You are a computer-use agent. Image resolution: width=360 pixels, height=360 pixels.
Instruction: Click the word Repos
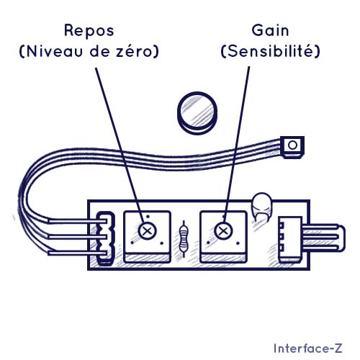[x=89, y=31]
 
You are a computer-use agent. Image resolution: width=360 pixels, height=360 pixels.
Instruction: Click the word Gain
[x=270, y=30]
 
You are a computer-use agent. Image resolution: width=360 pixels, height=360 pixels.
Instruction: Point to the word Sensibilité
[x=270, y=51]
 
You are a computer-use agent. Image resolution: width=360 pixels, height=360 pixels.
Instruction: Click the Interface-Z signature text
[x=308, y=348]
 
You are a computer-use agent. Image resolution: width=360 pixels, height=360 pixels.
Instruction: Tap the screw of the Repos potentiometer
[x=147, y=231]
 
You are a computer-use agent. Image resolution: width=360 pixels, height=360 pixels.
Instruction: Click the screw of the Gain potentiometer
[x=223, y=231]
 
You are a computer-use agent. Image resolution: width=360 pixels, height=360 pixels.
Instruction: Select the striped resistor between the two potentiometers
[x=184, y=239]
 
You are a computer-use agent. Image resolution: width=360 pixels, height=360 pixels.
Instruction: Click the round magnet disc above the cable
[x=197, y=113]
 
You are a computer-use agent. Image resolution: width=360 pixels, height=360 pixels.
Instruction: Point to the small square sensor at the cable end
[x=292, y=147]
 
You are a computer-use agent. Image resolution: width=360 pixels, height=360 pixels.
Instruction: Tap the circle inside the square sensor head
[x=292, y=145]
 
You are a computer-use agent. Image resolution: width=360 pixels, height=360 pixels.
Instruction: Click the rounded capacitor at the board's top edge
[x=262, y=207]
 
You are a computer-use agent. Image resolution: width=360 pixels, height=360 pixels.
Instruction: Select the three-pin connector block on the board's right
[x=290, y=239]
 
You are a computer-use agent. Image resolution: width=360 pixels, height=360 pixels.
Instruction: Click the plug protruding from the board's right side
[x=324, y=238]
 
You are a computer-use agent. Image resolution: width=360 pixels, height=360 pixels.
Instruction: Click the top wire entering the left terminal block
[x=77, y=221]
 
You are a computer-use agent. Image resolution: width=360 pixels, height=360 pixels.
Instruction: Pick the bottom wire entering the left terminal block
[x=77, y=253]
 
